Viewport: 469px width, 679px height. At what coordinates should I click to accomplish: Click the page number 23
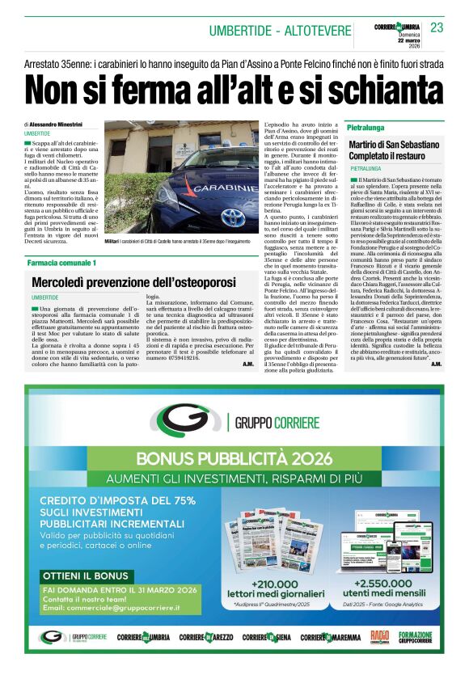437,28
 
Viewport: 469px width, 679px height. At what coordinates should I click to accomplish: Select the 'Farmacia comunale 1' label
61,264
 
